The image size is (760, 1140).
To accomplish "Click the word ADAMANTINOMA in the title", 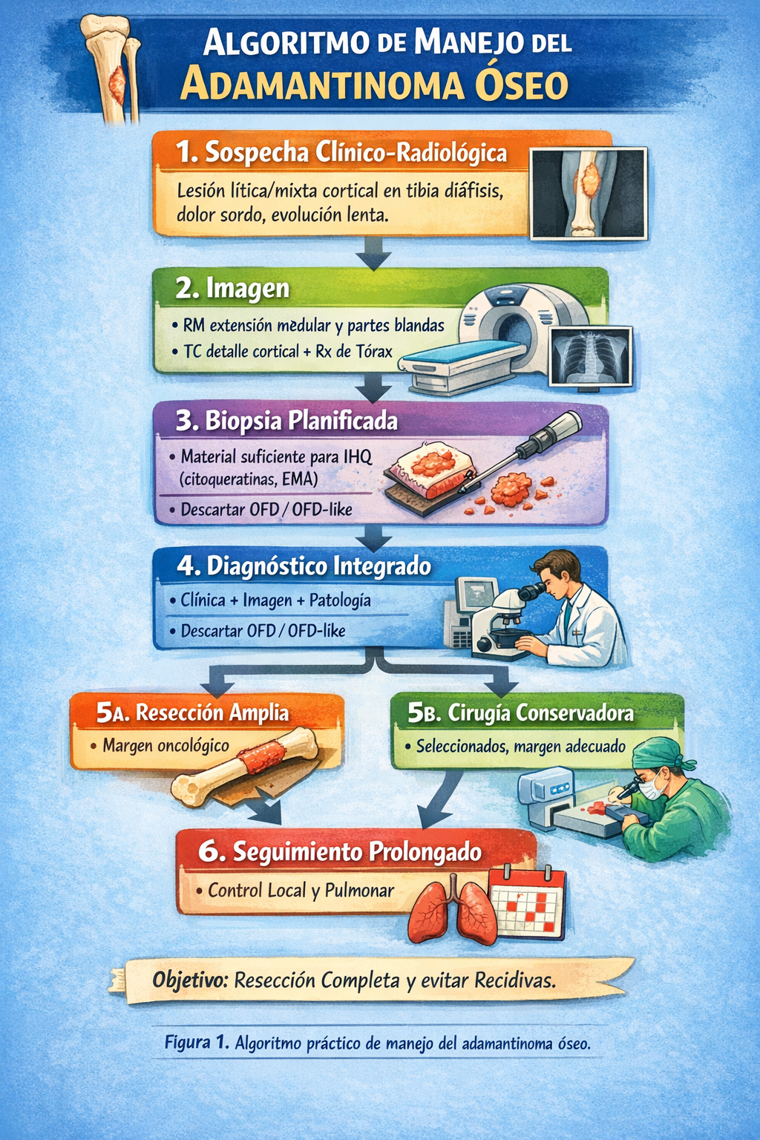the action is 322,85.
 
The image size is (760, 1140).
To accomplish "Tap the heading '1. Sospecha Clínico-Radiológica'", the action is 341,152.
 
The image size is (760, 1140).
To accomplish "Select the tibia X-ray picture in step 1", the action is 589,194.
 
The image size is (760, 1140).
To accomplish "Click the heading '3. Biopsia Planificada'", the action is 286,422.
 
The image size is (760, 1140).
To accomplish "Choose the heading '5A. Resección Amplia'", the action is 192,713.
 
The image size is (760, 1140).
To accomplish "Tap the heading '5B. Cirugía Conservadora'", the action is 520,713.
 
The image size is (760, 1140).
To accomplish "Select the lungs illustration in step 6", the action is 452,911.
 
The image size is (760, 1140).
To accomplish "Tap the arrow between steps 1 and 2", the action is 373,252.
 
